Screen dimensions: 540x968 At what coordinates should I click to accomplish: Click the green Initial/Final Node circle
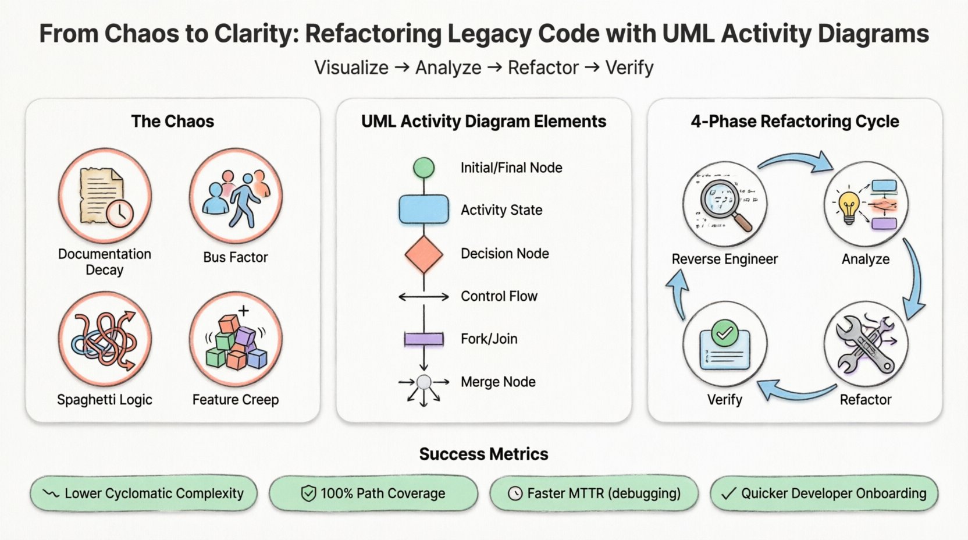(424, 168)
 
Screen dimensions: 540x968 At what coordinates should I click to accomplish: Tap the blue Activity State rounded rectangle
(424, 209)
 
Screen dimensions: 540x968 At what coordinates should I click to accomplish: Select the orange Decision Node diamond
(424, 254)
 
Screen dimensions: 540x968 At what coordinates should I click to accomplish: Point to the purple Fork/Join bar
(424, 339)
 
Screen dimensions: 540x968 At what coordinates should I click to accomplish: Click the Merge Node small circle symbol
(424, 382)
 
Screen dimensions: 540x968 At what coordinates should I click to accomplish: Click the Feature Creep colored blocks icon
(236, 340)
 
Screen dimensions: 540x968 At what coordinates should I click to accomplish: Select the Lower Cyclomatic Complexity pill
(144, 493)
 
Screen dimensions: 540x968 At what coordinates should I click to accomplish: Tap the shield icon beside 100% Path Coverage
(308, 493)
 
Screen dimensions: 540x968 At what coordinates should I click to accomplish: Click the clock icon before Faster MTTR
(515, 493)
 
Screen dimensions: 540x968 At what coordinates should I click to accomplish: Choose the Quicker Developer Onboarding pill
(824, 493)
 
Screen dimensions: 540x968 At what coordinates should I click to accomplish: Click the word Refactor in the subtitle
(543, 67)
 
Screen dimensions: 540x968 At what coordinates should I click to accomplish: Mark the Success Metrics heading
(483, 454)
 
